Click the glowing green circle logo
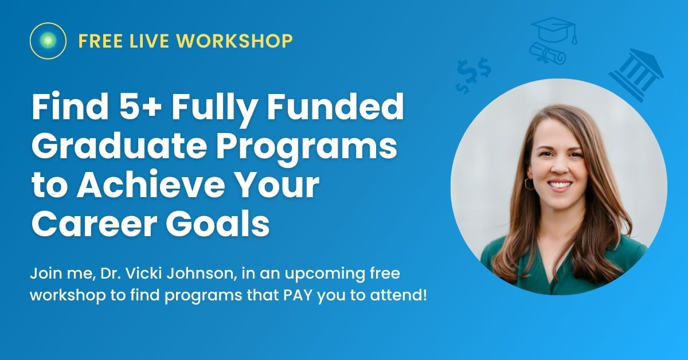[x=49, y=41]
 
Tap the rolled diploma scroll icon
[x=548, y=54]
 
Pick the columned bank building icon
[x=635, y=74]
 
